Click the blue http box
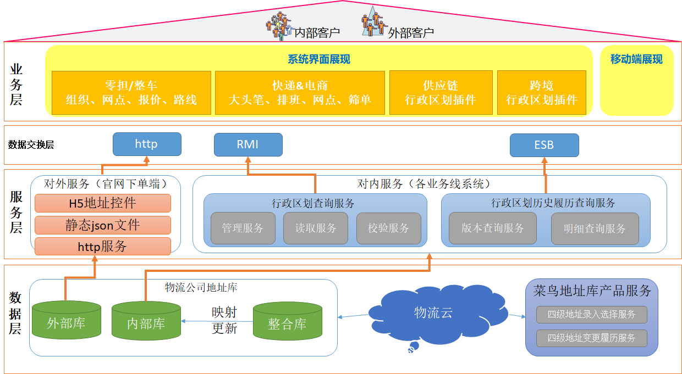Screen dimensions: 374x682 pos(146,144)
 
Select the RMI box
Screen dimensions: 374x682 pos(248,144)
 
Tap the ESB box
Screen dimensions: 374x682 pos(544,146)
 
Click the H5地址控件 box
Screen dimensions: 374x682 pos(102,203)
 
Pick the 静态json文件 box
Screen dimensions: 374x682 pos(102,225)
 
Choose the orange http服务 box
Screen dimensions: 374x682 pos(102,247)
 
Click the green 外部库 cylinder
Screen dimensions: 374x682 pos(66,322)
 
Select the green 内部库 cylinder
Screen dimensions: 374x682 pos(146,322)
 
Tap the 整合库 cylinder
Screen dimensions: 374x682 pos(287,322)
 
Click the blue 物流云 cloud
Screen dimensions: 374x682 pos(433,313)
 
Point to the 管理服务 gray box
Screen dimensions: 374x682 pos(243,228)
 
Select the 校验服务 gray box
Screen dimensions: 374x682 pos(388,228)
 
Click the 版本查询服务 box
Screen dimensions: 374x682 pos(492,228)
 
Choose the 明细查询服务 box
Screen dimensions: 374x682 pos(595,228)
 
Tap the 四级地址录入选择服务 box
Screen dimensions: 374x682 pos(591,315)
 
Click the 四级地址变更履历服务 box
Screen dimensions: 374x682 pos(591,338)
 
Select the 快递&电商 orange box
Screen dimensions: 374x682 pos(300,92)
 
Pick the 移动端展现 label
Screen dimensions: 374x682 pos(636,59)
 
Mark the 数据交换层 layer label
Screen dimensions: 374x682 pos(31,145)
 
